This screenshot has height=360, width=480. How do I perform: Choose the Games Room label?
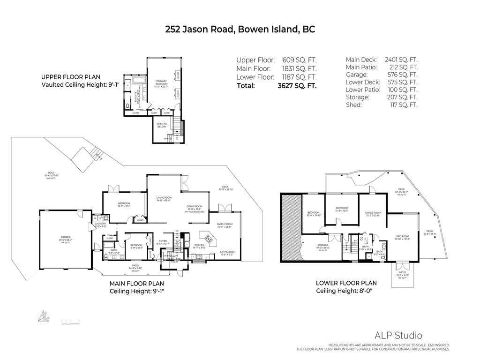coord(373,213)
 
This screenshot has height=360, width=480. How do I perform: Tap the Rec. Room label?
coord(403,237)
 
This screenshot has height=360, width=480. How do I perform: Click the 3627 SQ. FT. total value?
coord(297,86)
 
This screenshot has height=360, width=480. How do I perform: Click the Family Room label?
coord(225,225)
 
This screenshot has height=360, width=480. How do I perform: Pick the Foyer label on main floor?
coord(163,241)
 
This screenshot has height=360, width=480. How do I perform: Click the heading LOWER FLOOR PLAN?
coord(346,283)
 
